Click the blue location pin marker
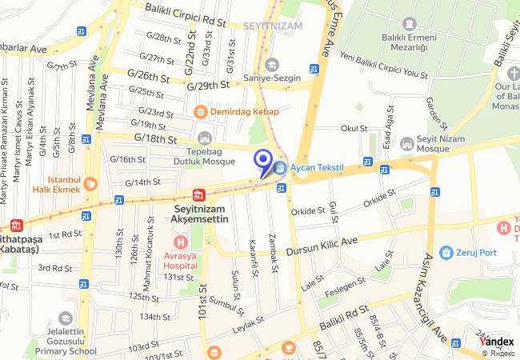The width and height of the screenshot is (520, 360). pyautogui.click(x=262, y=162)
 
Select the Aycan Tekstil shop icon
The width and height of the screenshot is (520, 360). pyautogui.click(x=279, y=168)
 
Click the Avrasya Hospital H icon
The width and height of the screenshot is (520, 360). pyautogui.click(x=182, y=242)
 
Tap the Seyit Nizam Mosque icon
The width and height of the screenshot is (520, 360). pyautogui.click(x=406, y=142)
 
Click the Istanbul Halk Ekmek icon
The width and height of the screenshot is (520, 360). pyautogui.click(x=90, y=183)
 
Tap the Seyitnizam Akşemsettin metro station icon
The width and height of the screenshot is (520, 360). pyautogui.click(x=197, y=194)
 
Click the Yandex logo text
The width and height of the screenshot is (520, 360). pyautogui.click(x=496, y=342)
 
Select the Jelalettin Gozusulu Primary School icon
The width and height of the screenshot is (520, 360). pyautogui.click(x=65, y=318)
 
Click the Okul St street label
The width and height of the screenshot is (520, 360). pyautogui.click(x=354, y=128)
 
